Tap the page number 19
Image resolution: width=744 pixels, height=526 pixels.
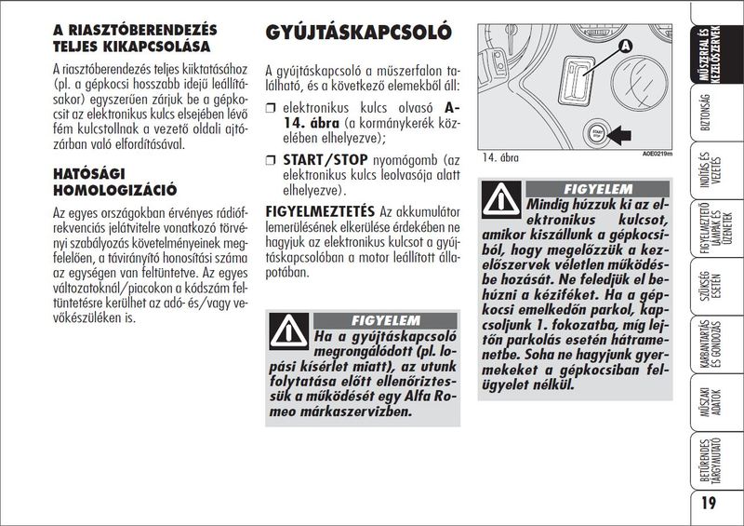(709, 504)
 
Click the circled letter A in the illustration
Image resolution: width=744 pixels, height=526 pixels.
(624, 45)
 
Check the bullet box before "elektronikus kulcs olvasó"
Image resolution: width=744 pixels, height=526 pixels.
(272, 108)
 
